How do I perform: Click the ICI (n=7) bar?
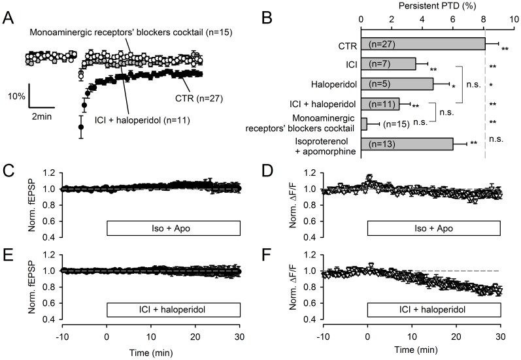[388, 63]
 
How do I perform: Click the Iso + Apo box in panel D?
[433, 228]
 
